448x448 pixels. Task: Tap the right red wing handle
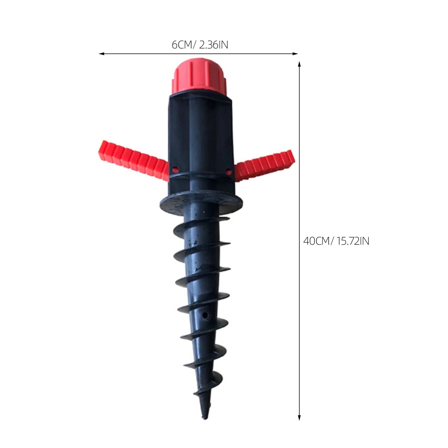pos(265,166)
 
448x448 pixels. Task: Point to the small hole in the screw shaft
pos(205,315)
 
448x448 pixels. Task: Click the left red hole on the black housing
pos(175,169)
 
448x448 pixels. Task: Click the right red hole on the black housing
pos(228,171)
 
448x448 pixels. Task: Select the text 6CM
pos(182,45)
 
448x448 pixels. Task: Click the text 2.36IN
pos(214,45)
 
